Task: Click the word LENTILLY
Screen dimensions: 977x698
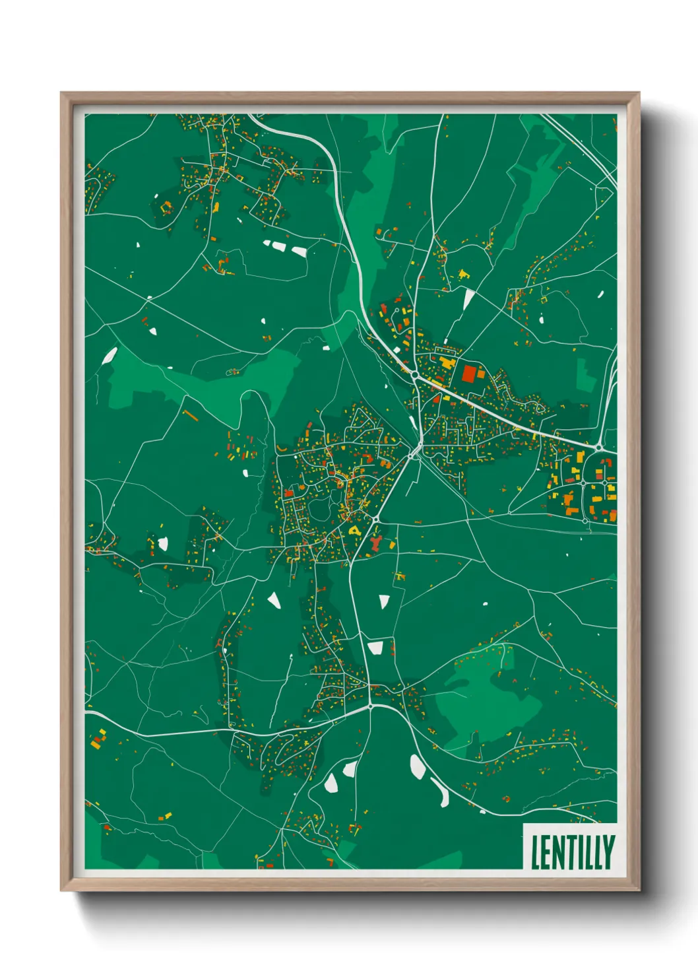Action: pyautogui.click(x=572, y=852)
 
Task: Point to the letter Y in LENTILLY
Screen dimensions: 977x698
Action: pyautogui.click(x=608, y=852)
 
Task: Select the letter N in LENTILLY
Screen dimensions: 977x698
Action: pyautogui.click(x=558, y=852)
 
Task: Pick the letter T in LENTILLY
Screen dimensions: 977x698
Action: pyautogui.click(x=570, y=852)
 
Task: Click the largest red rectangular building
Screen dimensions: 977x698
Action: pyautogui.click(x=469, y=374)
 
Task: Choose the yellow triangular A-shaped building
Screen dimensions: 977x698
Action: pyautogui.click(x=355, y=530)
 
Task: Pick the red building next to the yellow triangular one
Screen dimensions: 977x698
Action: pyautogui.click(x=376, y=544)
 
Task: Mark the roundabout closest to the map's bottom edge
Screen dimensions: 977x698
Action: pyautogui.click(x=371, y=706)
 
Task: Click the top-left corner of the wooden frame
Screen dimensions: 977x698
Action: pyautogui.click(x=62, y=94)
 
